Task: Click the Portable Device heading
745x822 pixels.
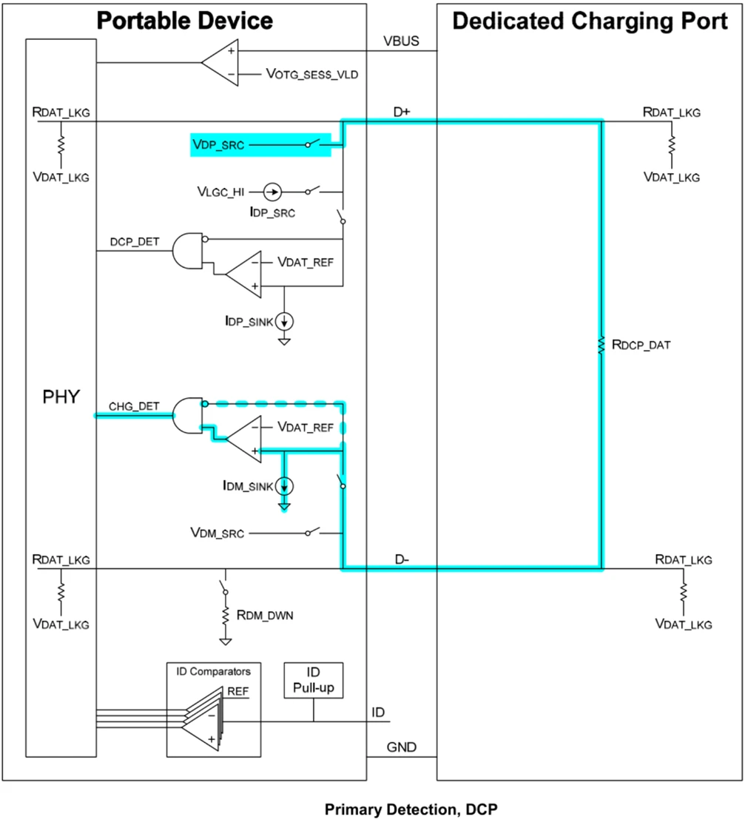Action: coord(185,20)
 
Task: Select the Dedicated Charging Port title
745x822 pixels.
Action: coord(590,20)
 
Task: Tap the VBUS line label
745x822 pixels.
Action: coord(401,41)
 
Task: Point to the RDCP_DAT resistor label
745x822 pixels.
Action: coord(639,344)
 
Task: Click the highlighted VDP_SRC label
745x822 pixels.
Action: coord(218,145)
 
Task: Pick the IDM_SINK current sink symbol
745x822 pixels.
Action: coord(285,486)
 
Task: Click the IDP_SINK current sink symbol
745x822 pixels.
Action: coord(285,320)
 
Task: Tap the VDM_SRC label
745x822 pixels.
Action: coord(218,532)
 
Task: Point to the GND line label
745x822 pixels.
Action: coord(402,748)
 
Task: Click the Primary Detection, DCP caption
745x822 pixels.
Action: coord(411,809)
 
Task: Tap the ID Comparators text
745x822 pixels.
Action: coord(213,672)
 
